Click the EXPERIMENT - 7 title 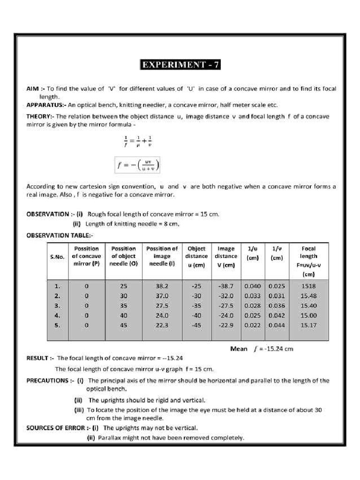(x=180, y=65)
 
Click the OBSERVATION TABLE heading (x=60, y=235)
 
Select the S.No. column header (x=57, y=257)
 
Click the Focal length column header (x=308, y=261)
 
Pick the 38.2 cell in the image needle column (x=162, y=286)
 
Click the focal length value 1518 (x=308, y=286)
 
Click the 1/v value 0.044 (x=277, y=325)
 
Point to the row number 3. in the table (x=57, y=306)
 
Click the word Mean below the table (x=239, y=349)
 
